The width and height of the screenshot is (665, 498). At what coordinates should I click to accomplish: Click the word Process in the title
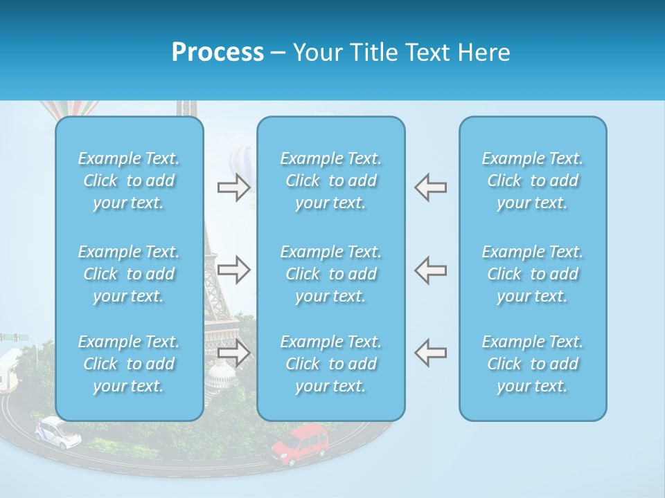click(x=218, y=52)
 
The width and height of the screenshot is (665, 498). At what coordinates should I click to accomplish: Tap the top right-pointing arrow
click(x=234, y=187)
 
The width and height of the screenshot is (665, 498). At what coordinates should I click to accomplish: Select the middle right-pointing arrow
click(x=234, y=270)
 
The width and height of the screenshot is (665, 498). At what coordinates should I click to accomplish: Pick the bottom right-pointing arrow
click(x=234, y=353)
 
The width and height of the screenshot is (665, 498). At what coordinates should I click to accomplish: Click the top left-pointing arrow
click(x=430, y=187)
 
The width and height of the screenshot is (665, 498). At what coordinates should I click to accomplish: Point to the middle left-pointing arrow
click(x=430, y=270)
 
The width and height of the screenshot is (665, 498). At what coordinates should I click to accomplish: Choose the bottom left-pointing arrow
click(x=430, y=353)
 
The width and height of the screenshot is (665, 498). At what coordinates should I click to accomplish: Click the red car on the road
click(x=301, y=444)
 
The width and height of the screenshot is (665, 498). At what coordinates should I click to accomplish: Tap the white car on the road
click(x=57, y=432)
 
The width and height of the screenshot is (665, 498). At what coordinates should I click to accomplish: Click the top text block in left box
click(x=129, y=181)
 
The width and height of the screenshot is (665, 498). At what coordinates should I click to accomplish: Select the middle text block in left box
click(x=129, y=273)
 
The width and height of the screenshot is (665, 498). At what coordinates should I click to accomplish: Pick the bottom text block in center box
click(x=330, y=364)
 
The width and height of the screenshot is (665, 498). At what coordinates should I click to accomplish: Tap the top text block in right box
click(x=532, y=181)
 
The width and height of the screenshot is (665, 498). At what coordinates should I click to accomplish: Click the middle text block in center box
click(x=330, y=273)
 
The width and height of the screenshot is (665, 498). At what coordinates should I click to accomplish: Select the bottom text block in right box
click(x=532, y=364)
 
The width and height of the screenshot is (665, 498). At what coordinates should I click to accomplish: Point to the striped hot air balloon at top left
click(x=69, y=109)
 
